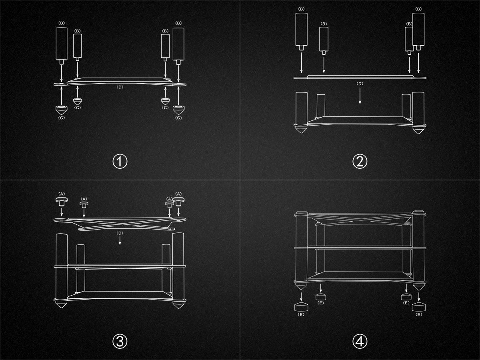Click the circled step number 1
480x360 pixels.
pyautogui.click(x=120, y=162)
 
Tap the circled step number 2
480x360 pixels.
pyautogui.click(x=360, y=162)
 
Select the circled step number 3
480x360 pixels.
pyautogui.click(x=120, y=342)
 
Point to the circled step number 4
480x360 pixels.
pyautogui.click(x=360, y=342)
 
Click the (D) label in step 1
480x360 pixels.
pyautogui.click(x=120, y=87)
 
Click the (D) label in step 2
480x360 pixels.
pyautogui.click(x=360, y=84)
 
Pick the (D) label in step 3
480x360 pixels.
pyautogui.click(x=120, y=233)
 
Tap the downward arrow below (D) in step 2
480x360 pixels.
pyautogui.click(x=360, y=96)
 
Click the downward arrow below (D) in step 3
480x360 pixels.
pyautogui.click(x=120, y=240)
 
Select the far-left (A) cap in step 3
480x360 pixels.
pyautogui.click(x=62, y=201)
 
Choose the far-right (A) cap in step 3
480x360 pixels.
pyautogui.click(x=178, y=201)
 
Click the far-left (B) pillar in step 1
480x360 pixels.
pyautogui.click(x=62, y=46)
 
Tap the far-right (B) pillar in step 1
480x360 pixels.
pyautogui.click(x=178, y=46)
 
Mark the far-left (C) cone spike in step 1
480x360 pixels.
pyautogui.click(x=62, y=110)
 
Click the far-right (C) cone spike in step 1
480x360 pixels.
pyautogui.click(x=178, y=110)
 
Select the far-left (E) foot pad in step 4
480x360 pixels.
pyautogui.click(x=301, y=307)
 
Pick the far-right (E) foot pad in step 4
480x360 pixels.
pyautogui.click(x=419, y=307)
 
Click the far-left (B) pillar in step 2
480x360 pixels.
pyautogui.click(x=301, y=32)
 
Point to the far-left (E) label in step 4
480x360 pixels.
pyautogui.click(x=301, y=314)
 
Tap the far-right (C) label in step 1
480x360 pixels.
pyautogui.click(x=178, y=118)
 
